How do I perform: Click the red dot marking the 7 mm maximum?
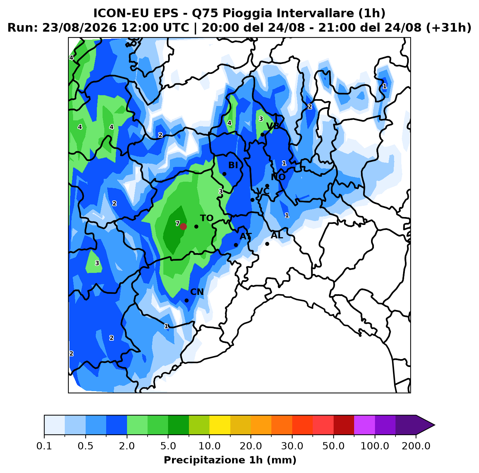(183, 226)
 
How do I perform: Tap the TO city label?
(207, 218)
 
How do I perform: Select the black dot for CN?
(187, 300)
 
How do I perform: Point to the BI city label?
(233, 165)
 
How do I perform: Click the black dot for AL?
(267, 244)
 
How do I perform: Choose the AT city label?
(246, 236)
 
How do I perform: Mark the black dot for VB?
(262, 135)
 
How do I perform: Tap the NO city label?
(278, 177)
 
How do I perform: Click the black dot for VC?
(253, 200)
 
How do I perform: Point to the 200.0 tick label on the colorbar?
(416, 446)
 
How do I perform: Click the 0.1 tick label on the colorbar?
(44, 446)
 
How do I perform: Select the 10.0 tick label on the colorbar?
(209, 446)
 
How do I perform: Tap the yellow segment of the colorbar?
(220, 425)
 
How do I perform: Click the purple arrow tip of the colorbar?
(434, 425)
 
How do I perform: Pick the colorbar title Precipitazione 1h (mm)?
(230, 460)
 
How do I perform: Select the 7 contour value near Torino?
(177, 224)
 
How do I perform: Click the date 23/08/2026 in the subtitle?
(80, 28)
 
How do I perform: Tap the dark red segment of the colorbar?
(344, 425)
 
